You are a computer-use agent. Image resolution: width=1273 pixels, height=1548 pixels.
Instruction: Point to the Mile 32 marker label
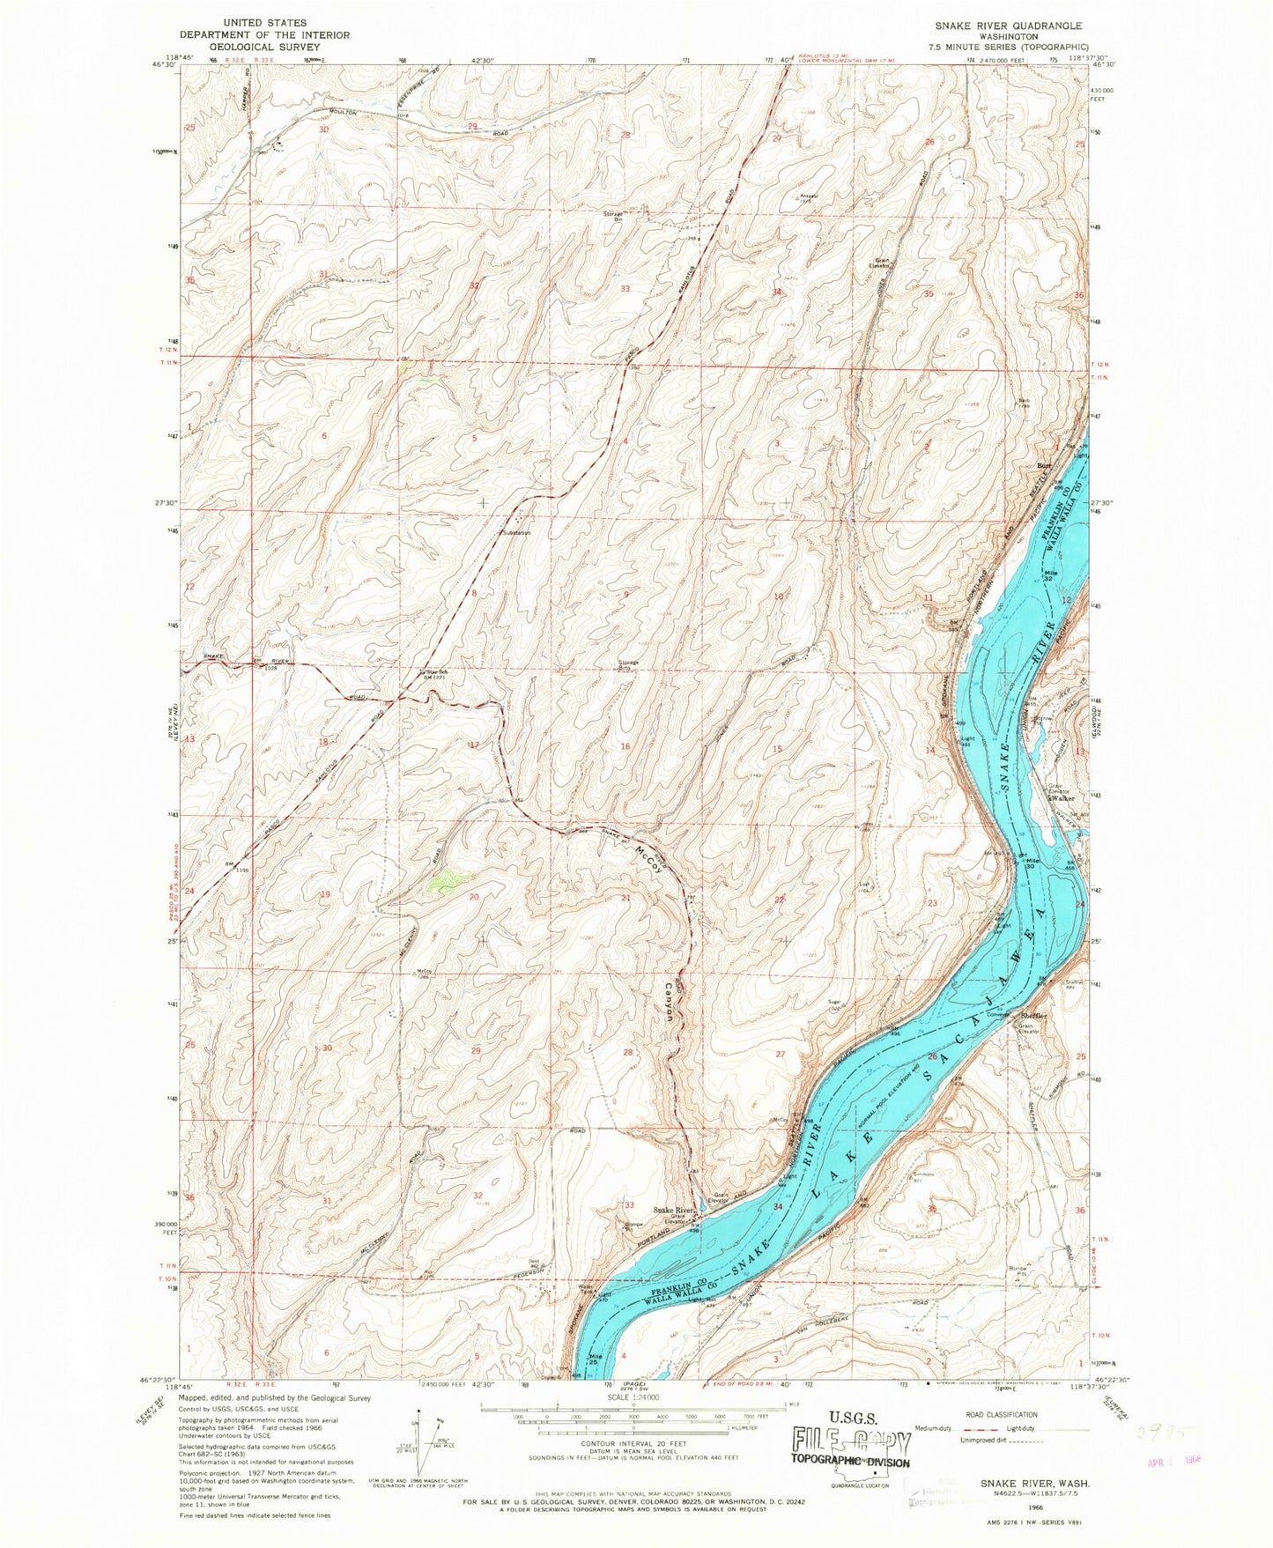(1049, 576)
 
